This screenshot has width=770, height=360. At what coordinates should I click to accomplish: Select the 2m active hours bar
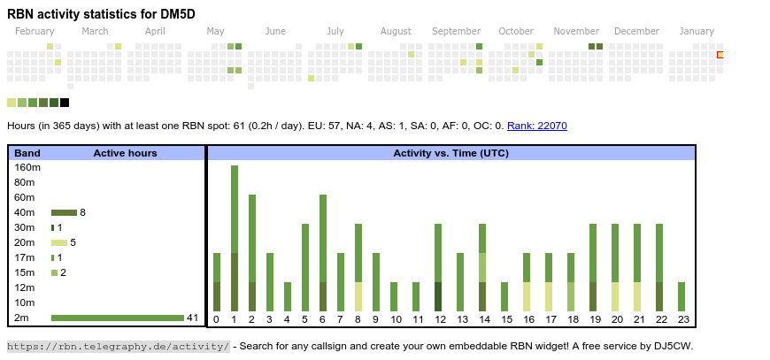118,318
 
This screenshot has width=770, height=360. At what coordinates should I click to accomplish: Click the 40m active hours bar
64,212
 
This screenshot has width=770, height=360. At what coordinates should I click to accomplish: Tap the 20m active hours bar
59,242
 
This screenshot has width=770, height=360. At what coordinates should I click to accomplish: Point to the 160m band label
27,167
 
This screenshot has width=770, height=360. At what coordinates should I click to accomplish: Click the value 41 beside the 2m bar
192,318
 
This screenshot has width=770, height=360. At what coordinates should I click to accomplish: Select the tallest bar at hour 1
235,238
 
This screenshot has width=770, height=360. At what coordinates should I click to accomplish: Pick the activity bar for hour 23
681,296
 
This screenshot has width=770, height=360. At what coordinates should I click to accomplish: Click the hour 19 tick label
593,319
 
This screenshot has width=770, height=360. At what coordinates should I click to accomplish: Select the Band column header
27,153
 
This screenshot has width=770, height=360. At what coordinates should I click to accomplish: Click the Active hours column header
125,153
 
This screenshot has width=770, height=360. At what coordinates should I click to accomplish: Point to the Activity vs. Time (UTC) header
450,153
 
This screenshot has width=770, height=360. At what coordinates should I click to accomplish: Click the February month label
35,31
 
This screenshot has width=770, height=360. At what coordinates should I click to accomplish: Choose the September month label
456,31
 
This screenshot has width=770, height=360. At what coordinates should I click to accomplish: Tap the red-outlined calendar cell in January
720,55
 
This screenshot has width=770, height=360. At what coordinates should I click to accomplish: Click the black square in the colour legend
65,103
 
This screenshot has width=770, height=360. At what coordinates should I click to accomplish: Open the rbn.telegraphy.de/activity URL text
119,346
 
